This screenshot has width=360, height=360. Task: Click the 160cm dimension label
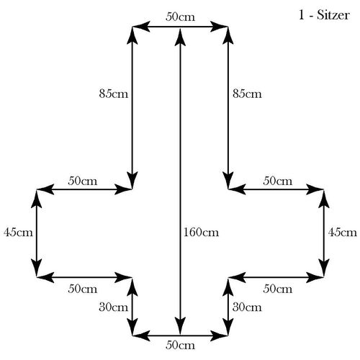pos(201,233)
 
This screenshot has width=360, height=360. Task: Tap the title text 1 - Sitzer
pos(324,15)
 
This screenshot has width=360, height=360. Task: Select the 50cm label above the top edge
pos(180,17)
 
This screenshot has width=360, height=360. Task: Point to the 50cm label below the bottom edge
pos(180,345)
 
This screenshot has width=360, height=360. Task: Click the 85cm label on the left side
pos(114,94)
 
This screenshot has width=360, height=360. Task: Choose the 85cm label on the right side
pos(247,94)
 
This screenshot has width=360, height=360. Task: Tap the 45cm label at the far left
pos(18,233)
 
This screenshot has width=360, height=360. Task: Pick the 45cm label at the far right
pos(343,233)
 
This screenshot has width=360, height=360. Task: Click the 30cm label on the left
pos(114,307)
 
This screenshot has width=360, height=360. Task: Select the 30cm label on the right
pos(247,307)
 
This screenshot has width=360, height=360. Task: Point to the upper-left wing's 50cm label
pos(83,181)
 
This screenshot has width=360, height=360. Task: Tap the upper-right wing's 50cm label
pos(278,181)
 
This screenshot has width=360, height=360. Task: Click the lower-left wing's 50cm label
pos(83,289)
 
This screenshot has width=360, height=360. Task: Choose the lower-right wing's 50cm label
pos(278,289)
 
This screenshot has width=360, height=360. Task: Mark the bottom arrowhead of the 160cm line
pos(180,326)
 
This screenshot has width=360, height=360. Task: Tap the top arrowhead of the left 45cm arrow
pos(37,199)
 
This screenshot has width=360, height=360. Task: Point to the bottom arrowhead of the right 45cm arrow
pos(324,268)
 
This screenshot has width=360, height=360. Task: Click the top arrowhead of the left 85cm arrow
pos(132,35)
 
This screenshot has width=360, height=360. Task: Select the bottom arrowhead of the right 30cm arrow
pos(228,326)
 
